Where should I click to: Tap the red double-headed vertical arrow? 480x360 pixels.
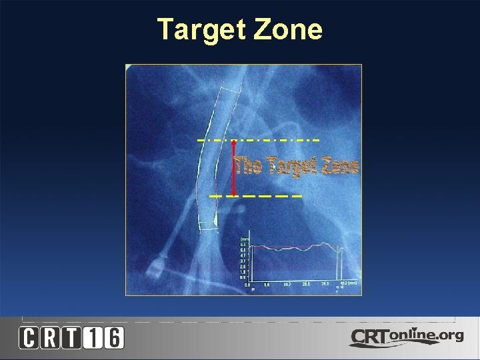[x=234, y=168]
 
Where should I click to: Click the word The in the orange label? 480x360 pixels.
[x=250, y=166]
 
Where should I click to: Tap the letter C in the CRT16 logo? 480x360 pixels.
[x=29, y=339]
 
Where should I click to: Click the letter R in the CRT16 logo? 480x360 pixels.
[x=51, y=339]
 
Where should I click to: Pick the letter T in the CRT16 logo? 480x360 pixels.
[x=72, y=339]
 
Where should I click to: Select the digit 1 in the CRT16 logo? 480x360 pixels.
[x=93, y=339]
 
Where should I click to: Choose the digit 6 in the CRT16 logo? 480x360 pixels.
[x=114, y=339]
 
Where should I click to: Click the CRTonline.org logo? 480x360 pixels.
[x=406, y=337]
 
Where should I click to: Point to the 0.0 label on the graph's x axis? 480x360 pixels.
[x=247, y=284]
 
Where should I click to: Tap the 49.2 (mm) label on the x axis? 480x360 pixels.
[x=346, y=283]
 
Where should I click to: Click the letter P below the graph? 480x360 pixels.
[x=253, y=289]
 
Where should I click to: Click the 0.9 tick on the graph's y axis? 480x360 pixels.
[x=243, y=277]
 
